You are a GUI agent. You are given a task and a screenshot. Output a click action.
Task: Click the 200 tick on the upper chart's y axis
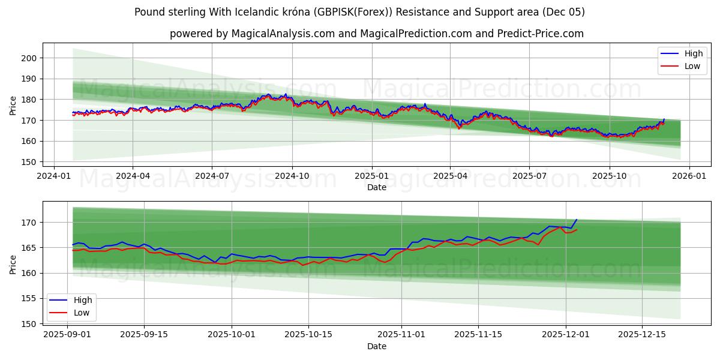point(29,58)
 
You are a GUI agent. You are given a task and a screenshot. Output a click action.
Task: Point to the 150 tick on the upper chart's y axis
point(29,162)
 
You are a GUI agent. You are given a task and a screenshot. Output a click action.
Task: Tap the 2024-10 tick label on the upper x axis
point(292,176)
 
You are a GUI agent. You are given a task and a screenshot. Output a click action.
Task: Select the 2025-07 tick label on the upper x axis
point(529,176)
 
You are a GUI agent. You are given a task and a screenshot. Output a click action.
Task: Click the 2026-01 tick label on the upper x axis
point(689,176)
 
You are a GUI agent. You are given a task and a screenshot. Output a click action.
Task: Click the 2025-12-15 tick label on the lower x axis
point(643,334)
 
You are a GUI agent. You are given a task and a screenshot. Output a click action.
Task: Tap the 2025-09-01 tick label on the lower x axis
point(67,334)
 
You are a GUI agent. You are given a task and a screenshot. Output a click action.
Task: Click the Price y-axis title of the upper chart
point(13,105)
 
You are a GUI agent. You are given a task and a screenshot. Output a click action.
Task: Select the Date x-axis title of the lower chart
point(377,346)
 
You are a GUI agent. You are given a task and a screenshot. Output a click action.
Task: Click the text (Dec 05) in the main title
point(563,12)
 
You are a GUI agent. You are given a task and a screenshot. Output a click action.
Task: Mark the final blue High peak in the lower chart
point(577,220)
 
